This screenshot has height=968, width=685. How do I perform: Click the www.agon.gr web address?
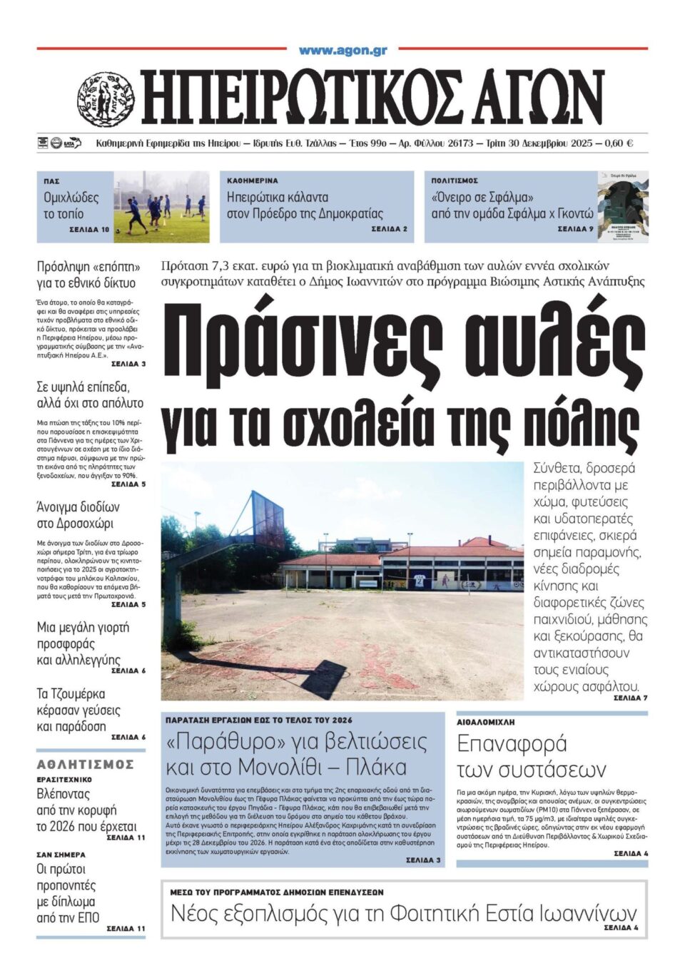pos(342,51)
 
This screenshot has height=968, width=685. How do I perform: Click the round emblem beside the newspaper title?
pos(106,99)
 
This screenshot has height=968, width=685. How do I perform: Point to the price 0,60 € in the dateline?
pos(619,143)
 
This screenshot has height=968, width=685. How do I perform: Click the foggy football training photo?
pos(162,207)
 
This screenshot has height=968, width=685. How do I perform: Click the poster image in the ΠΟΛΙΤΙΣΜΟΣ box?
pos(622,207)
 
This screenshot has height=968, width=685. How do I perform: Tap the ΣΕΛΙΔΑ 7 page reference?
pos(630,698)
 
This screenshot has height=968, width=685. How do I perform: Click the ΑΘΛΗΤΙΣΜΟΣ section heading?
pos(86,765)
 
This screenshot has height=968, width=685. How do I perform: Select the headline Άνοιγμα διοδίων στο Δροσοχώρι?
pos(78,515)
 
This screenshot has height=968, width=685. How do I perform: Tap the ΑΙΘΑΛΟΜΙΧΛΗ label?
pos(486,723)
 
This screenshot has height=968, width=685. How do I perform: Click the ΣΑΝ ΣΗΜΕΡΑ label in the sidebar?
pos(61,854)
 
